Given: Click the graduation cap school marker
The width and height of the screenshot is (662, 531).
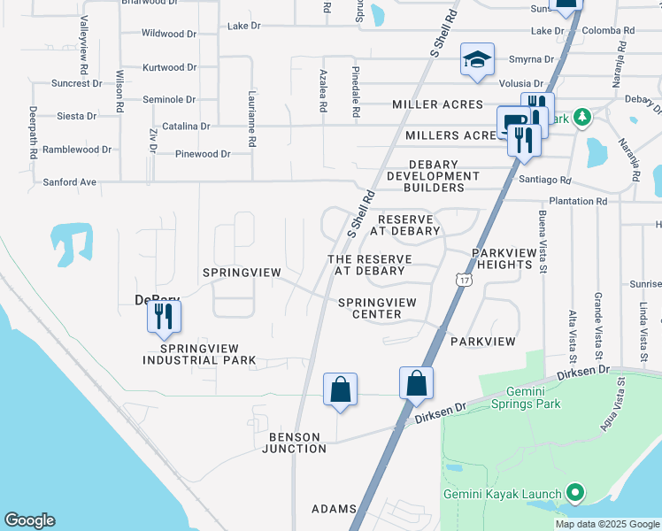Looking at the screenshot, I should (477, 61).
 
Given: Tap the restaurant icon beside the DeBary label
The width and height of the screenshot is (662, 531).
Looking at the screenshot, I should (164, 317).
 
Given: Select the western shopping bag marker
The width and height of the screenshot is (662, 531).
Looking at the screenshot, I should (340, 389).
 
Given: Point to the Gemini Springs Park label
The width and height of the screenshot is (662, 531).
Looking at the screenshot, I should (534, 397).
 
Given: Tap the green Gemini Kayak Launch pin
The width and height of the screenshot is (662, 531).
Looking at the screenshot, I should (574, 493).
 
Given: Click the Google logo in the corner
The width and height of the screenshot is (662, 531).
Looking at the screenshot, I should (29, 520).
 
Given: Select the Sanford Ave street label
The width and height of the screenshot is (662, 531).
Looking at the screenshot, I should (69, 182).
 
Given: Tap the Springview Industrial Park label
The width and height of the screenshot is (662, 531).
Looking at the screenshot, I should (199, 354).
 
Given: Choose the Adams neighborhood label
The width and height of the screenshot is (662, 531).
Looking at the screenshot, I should (334, 509).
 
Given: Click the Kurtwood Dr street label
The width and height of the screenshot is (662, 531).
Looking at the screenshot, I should (169, 67).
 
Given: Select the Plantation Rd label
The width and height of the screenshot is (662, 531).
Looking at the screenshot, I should (577, 202).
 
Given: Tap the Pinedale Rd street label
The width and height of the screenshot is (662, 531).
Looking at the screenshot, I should (356, 92).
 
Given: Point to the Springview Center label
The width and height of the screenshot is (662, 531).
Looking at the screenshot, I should (377, 308).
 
